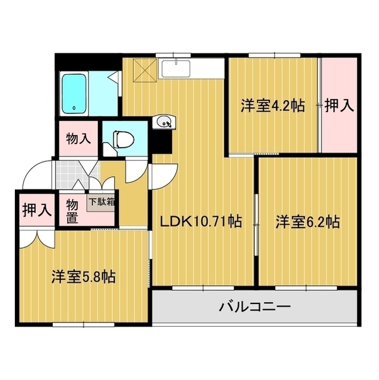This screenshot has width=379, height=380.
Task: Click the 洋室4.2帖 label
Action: [x=272, y=106]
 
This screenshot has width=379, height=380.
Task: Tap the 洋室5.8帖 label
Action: [x=82, y=277]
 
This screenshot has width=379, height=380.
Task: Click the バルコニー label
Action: [x=254, y=307]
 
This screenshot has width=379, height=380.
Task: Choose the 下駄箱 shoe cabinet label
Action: [x=101, y=201]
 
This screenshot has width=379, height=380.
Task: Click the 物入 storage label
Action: [x=78, y=140]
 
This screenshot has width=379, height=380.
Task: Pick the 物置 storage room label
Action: [x=71, y=210]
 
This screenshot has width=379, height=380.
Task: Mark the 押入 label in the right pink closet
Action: [x=339, y=106]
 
